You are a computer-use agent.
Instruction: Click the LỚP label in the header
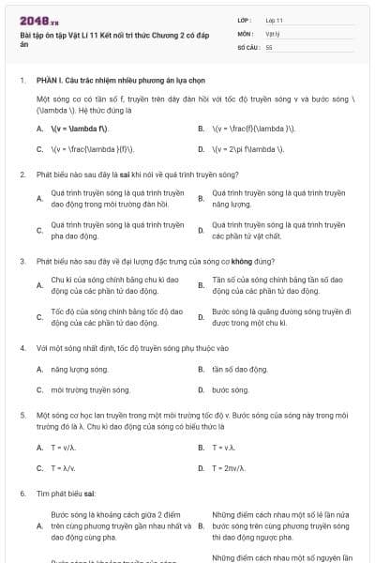pyautogui.click(x=245, y=20)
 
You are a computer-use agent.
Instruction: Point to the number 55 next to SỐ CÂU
pyautogui.click(x=269, y=46)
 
